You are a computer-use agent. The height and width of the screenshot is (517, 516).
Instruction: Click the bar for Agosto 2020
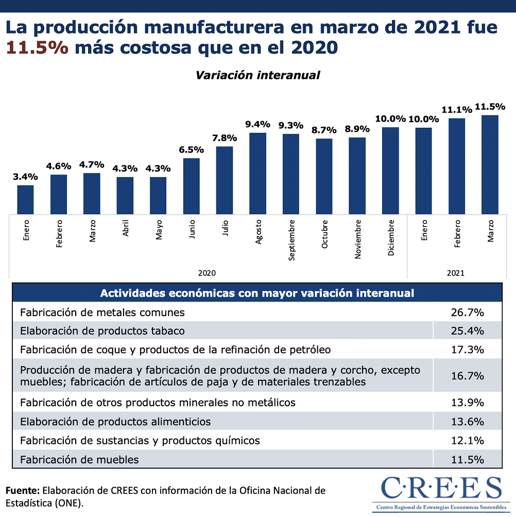point(257,173)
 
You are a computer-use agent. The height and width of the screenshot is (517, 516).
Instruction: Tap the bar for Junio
point(192,185)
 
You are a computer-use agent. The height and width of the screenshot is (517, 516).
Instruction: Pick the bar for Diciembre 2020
point(391,170)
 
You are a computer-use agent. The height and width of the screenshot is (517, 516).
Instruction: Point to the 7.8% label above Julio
point(225,138)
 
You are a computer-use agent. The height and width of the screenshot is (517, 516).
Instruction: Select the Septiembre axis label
point(291,240)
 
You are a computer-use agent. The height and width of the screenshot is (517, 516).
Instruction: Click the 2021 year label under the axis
point(456,273)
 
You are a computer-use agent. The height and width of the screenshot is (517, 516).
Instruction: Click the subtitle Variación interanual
point(257,75)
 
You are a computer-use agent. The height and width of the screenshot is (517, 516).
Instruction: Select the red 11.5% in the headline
point(37,47)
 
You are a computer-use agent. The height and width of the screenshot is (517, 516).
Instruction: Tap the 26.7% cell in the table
point(467,312)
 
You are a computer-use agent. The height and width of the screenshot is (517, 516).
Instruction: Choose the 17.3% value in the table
point(467,350)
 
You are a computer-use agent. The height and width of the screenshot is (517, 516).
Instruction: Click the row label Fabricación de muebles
point(79,459)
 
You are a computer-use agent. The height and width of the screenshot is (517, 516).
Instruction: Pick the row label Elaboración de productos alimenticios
point(115,422)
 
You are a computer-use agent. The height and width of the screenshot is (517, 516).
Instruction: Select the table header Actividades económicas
point(257,293)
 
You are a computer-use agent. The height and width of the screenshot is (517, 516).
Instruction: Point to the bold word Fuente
point(23,490)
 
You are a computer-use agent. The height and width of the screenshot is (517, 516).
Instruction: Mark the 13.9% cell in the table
point(467,402)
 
